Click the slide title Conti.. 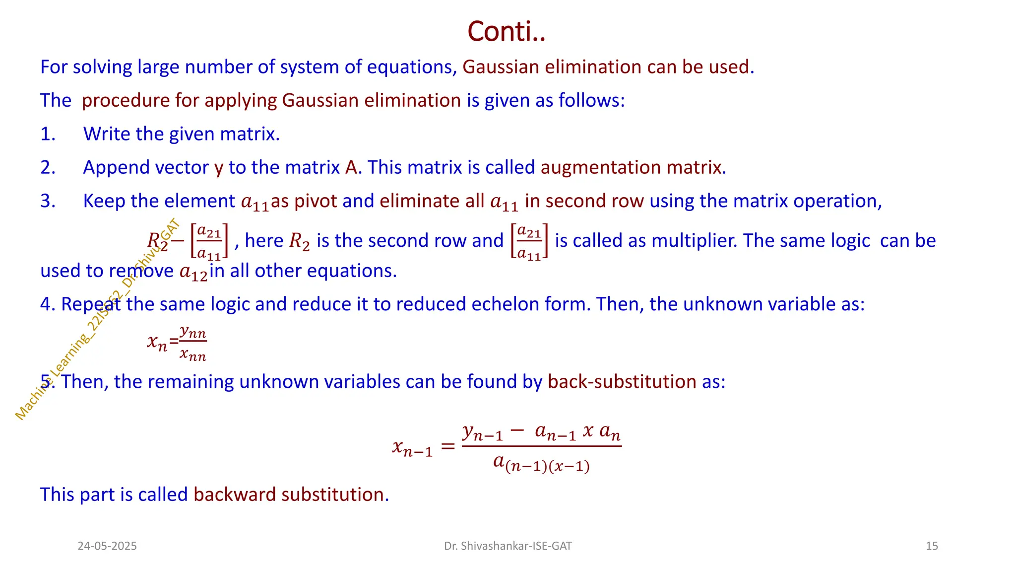coord(507,32)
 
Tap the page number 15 coord(932,546)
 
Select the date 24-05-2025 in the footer coord(107,546)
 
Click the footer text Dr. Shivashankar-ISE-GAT coord(508,546)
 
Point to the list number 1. coord(48,134)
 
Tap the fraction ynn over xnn coord(193,343)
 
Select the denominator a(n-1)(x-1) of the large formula coord(541,464)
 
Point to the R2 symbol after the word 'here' coord(300,241)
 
